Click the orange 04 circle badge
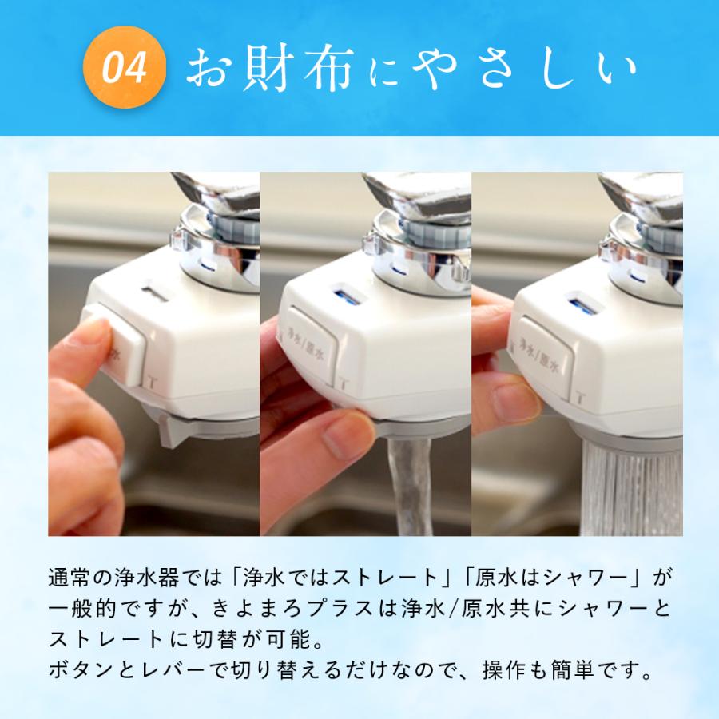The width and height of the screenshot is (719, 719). coord(125,69)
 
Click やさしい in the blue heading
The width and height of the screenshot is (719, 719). coord(526,70)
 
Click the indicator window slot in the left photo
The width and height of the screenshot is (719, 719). coord(153,295)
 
